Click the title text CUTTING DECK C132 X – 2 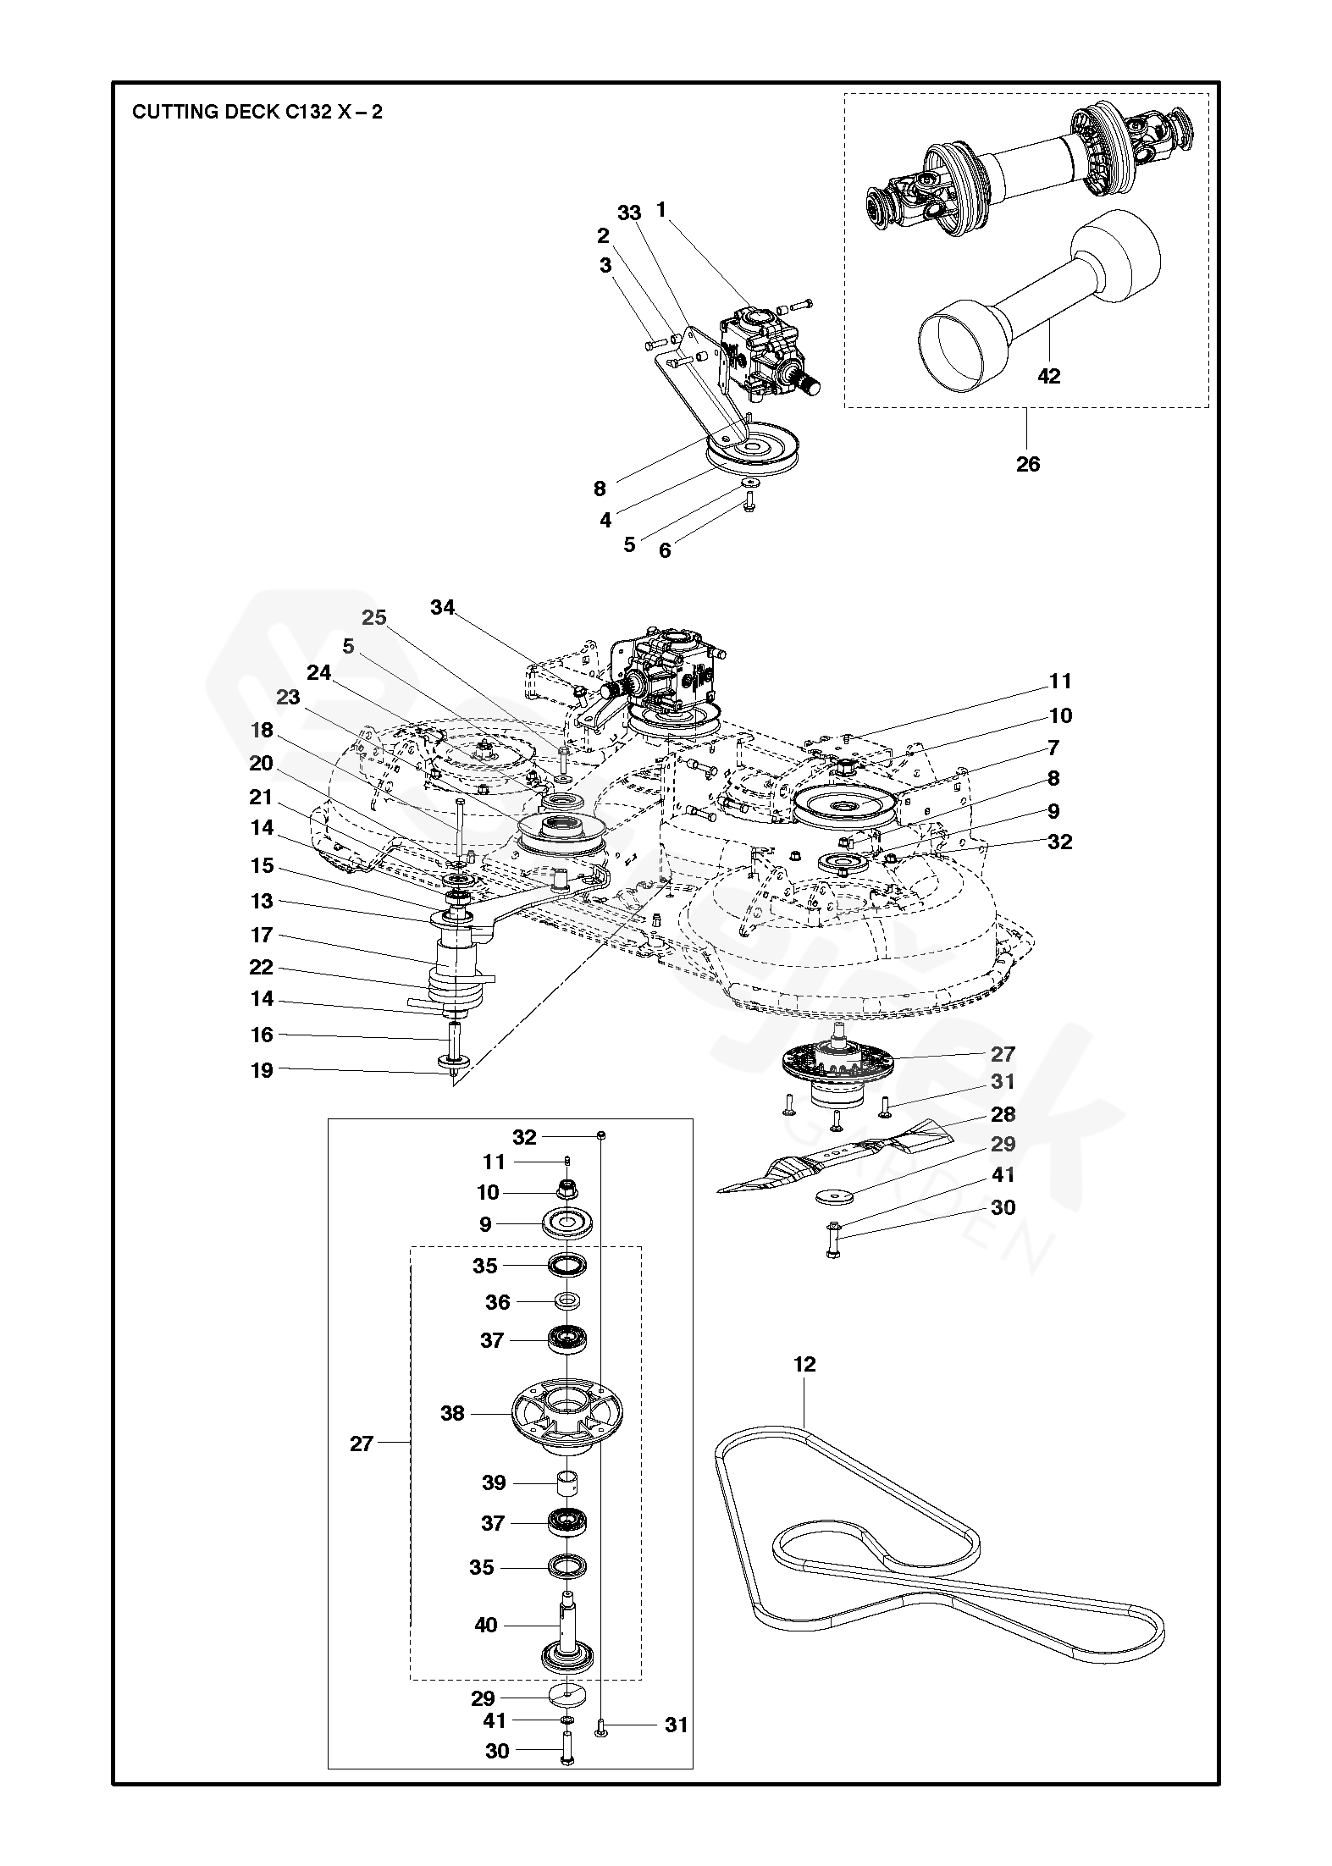(257, 112)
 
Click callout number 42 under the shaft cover (1048, 376)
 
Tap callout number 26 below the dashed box (1027, 464)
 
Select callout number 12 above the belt (804, 1364)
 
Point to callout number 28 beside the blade (1003, 1114)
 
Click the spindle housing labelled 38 (565, 1416)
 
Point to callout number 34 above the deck (442, 607)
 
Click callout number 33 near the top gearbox (629, 213)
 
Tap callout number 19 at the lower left (262, 1070)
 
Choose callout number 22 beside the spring (262, 968)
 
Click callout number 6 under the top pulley (665, 550)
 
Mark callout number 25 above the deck (374, 618)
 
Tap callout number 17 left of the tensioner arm (262, 935)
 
